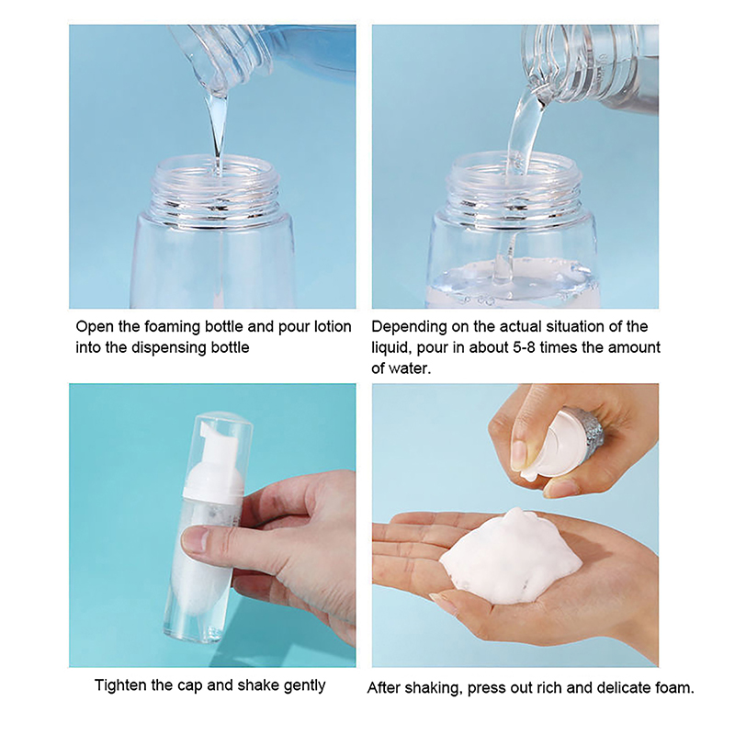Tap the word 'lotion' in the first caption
click(333, 326)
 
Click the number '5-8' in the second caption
click(559, 347)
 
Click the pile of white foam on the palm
click(511, 557)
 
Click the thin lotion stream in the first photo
click(217, 131)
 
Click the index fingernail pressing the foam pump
click(519, 456)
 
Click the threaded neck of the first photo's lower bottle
click(218, 192)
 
